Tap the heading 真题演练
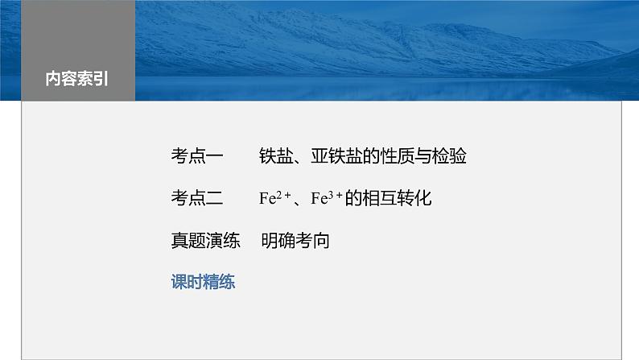[x=206, y=240]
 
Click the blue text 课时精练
[x=203, y=283]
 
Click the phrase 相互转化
[x=399, y=198]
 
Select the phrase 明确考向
[x=295, y=240]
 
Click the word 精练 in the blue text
[x=219, y=283]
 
